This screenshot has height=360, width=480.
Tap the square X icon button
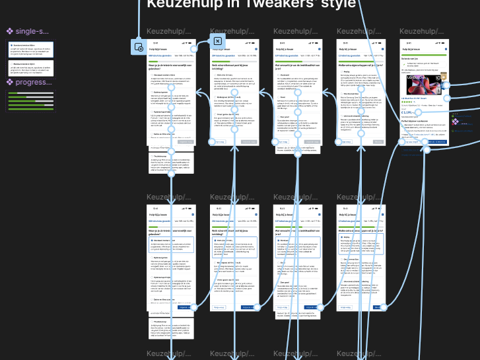click(217, 42)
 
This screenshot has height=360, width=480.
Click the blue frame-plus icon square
click(139, 46)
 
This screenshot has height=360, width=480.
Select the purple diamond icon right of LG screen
click(454, 115)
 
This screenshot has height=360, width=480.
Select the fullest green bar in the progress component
click(29, 109)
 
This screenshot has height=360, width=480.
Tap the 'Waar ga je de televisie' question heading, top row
click(170, 67)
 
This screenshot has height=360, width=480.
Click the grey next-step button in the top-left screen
click(186, 141)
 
